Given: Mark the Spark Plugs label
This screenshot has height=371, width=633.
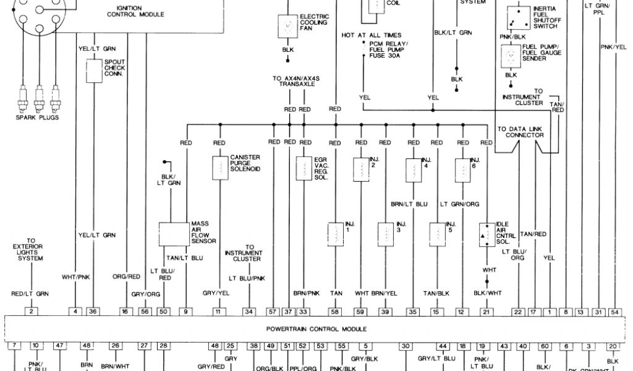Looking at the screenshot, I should pos(37,117).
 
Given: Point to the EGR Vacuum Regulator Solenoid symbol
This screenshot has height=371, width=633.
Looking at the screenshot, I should pos(304,168).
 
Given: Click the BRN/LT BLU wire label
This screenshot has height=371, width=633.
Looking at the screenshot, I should pos(410,203).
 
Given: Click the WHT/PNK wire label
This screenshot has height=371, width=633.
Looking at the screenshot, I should pos(75,277).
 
